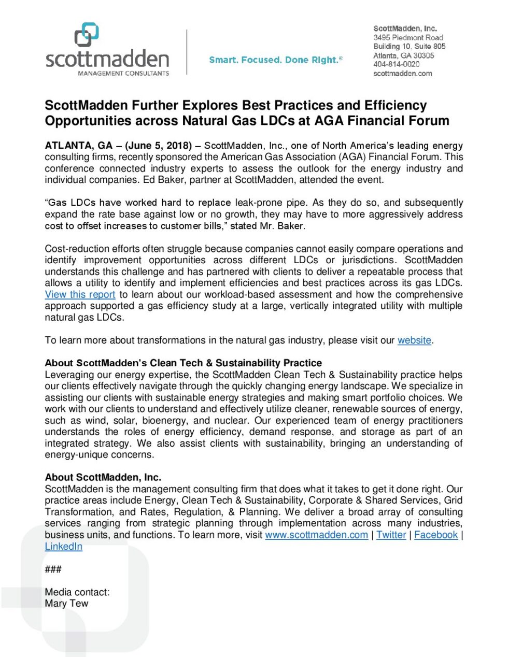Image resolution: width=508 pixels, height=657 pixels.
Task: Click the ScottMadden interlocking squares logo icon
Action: (87, 35)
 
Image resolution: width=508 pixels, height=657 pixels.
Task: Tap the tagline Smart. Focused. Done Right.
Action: (275, 60)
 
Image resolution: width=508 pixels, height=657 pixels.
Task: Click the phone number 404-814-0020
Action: (396, 64)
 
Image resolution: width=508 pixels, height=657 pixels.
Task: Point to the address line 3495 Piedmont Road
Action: (408, 38)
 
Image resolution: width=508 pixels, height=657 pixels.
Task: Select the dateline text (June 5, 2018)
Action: (159, 146)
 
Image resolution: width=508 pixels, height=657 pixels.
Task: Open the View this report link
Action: (80, 295)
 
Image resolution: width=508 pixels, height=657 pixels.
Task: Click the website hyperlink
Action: (414, 340)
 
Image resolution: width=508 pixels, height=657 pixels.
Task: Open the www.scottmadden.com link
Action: (316, 535)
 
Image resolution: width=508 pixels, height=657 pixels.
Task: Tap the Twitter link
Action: (391, 535)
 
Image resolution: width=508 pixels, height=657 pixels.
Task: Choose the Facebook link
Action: (436, 535)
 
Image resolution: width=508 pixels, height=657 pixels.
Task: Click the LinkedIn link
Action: (63, 547)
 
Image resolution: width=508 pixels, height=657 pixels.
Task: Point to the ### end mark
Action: (53, 569)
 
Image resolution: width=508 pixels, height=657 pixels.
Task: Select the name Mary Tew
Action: (66, 604)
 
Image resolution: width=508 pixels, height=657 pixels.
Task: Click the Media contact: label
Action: (77, 592)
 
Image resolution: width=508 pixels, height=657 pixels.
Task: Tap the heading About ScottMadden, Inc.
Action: (103, 477)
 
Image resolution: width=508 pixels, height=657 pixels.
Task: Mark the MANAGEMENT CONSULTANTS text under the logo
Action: (123, 74)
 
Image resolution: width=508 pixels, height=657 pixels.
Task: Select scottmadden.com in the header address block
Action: (402, 74)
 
